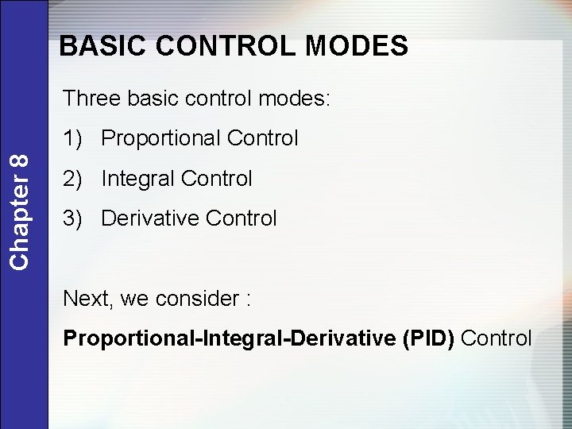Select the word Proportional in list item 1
[161, 138]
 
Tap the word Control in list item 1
[262, 138]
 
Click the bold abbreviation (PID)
[429, 338]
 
